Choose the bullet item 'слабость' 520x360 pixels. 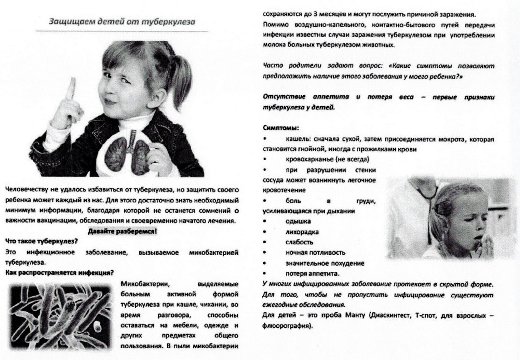pyautogui.click(x=299, y=242)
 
